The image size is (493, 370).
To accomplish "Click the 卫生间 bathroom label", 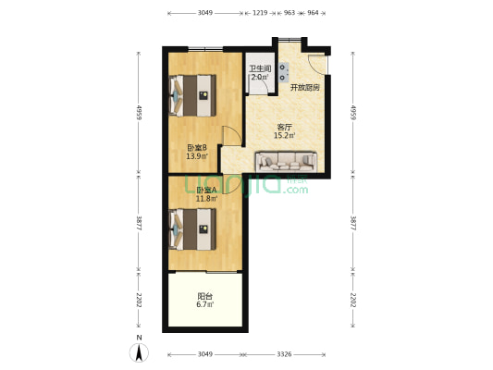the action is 260,68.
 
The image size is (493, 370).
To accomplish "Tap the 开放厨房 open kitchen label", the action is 304,88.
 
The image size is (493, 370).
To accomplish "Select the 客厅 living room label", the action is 284,128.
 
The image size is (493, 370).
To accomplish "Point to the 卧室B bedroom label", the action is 197,147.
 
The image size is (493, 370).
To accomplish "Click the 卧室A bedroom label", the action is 206,191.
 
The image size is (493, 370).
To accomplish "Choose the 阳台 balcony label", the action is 205,296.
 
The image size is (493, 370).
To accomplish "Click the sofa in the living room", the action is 286,162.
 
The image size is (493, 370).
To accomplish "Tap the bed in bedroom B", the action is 192,95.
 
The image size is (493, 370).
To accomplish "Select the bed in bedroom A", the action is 192,229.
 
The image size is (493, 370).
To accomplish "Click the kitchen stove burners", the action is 283,72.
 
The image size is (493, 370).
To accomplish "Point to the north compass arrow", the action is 139,352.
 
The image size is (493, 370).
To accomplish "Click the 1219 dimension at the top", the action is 260,13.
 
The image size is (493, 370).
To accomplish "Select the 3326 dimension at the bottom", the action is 284,354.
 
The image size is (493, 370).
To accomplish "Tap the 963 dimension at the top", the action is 290,13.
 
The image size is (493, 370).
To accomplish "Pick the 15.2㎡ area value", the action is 284,136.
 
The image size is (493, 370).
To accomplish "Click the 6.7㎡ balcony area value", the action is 205,304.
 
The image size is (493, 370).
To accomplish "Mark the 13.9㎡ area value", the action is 197,156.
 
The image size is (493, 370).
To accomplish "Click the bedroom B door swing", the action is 232,136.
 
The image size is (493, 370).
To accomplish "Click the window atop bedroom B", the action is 205,49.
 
